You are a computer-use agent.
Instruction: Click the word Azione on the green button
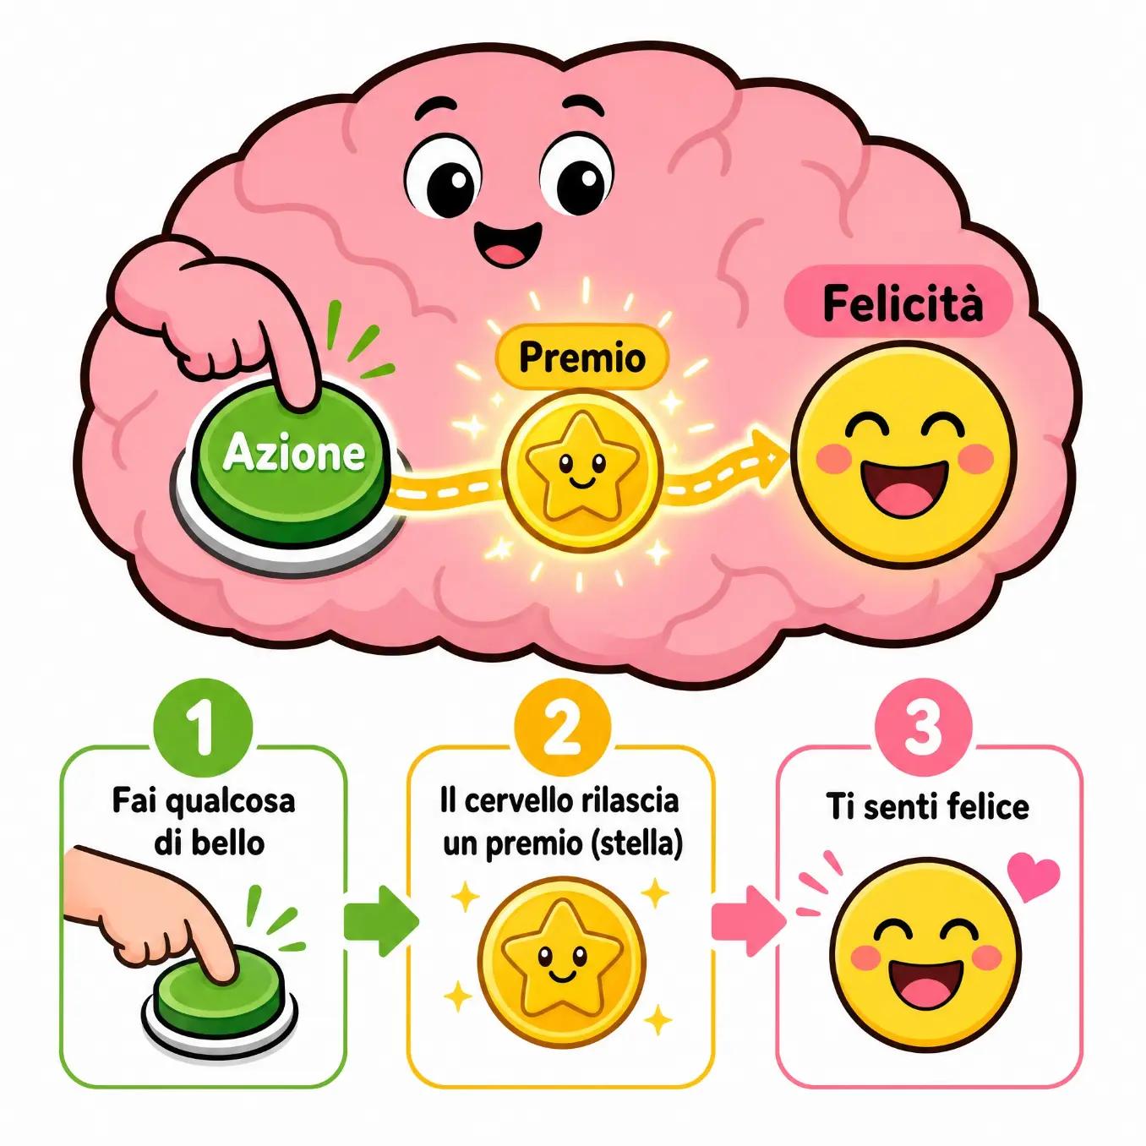click(x=294, y=454)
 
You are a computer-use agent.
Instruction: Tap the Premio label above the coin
click(x=581, y=357)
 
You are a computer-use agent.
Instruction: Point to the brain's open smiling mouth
click(x=507, y=243)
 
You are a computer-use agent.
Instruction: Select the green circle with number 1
click(x=203, y=729)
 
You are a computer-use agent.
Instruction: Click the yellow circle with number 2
click(x=560, y=729)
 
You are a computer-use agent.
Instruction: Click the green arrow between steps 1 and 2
click(x=381, y=921)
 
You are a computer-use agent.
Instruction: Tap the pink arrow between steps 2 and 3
click(x=749, y=921)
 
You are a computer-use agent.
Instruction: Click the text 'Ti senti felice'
click(x=927, y=807)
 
